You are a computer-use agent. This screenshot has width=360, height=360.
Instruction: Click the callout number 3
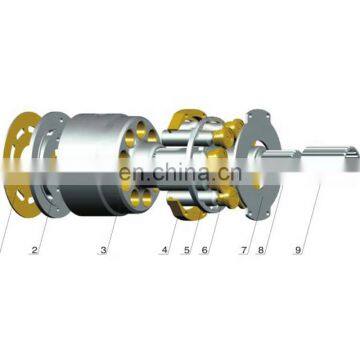tap(103, 249)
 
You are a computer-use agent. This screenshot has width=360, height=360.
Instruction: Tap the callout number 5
tap(186, 251)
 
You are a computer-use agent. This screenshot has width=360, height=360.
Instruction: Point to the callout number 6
tap(204, 251)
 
